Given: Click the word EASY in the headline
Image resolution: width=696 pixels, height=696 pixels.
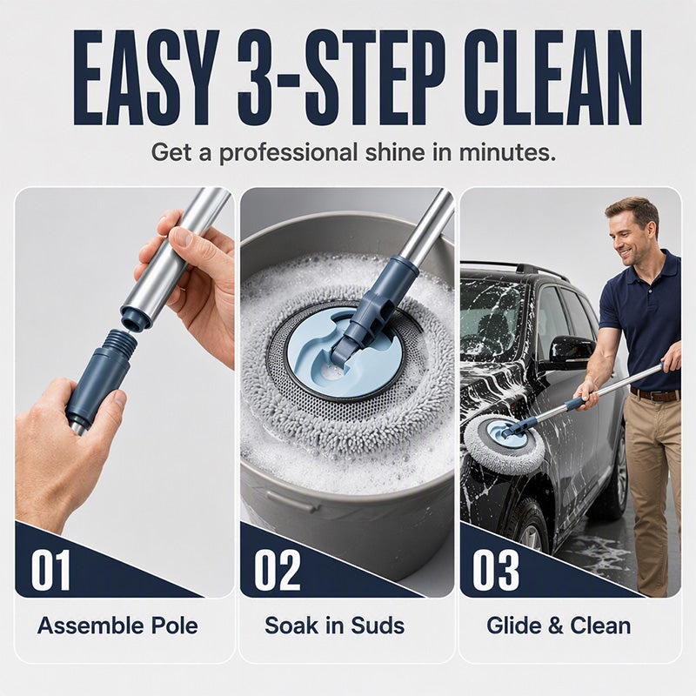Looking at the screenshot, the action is (146, 78).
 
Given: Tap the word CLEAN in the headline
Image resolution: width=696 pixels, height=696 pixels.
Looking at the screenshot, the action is (552, 78).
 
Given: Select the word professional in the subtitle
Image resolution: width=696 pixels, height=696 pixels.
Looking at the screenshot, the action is (289, 154).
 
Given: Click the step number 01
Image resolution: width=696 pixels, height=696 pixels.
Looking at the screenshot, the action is (50, 570).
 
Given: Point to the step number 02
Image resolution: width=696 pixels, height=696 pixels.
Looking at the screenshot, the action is (278, 570).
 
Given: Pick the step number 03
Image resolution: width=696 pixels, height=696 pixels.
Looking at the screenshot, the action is (495, 570).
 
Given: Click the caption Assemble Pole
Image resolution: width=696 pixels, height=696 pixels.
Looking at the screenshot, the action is (117, 626).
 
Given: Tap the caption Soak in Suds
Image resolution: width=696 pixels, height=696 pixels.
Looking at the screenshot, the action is (335, 626).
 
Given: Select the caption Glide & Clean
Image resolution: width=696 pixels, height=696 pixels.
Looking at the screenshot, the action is (559, 626).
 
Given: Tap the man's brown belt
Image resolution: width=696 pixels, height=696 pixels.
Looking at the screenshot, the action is (655, 394).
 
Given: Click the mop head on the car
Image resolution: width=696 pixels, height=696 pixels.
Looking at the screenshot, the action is (505, 444).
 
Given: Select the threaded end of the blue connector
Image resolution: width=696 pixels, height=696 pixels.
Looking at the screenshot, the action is (122, 341).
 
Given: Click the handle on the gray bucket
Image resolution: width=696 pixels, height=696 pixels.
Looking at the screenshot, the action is (293, 502).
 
